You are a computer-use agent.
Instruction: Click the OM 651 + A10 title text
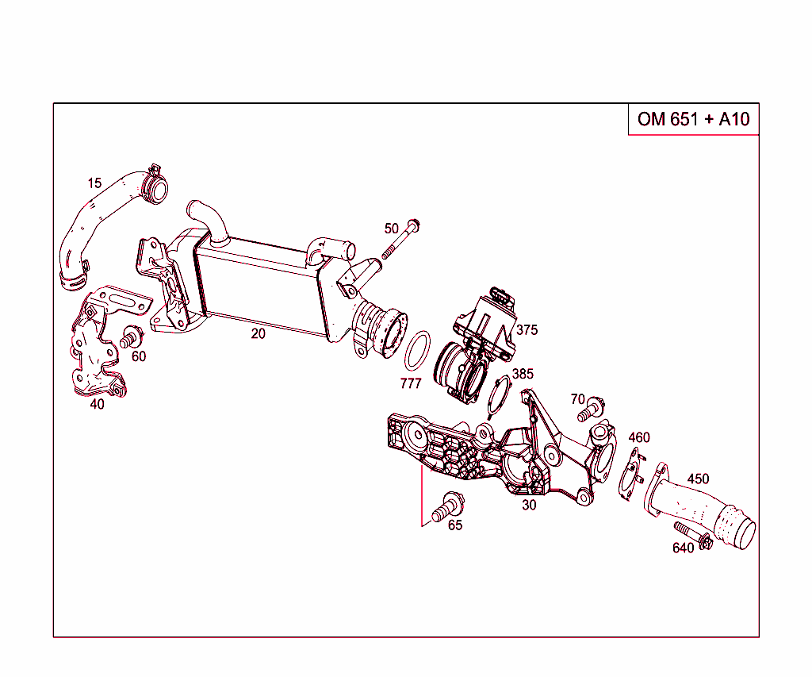pyautogui.click(x=693, y=120)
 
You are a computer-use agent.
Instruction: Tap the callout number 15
pyautogui.click(x=94, y=183)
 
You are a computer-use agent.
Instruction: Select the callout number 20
pyautogui.click(x=259, y=334)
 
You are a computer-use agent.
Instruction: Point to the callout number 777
pyautogui.click(x=410, y=384)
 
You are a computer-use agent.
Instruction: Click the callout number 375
pyautogui.click(x=527, y=329)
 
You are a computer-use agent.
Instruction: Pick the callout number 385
pyautogui.click(x=523, y=374)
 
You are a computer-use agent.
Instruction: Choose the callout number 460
pyautogui.click(x=638, y=437)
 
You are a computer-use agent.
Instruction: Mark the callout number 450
pyautogui.click(x=698, y=479)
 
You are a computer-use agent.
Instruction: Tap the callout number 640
pyautogui.click(x=683, y=548)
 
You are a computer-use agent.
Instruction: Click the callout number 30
pyautogui.click(x=529, y=504)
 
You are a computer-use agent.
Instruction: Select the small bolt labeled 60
pyautogui.click(x=128, y=339)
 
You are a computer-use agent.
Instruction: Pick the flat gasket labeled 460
pyautogui.click(x=632, y=475)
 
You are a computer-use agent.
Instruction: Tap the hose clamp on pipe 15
pyautogui.click(x=155, y=185)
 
